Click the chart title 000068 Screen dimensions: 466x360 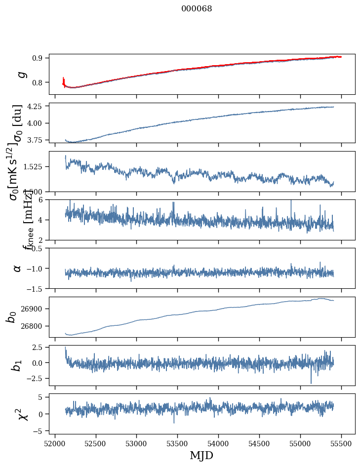pyautogui.click(x=197, y=8)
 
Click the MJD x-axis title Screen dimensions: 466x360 pyautogui.click(x=201, y=455)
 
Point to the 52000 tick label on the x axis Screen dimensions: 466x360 pyautogui.click(x=55, y=443)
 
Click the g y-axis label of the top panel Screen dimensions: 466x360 pyautogui.click(x=21, y=74)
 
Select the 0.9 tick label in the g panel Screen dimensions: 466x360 pyautogui.click(x=40, y=58)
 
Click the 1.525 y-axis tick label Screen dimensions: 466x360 pyautogui.click(x=35, y=167)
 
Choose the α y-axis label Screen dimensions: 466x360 pyautogui.click(x=17, y=268)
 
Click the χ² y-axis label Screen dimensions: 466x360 pyautogui.click(x=22, y=414)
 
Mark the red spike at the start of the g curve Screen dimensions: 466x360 pyautogui.click(x=64, y=80)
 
